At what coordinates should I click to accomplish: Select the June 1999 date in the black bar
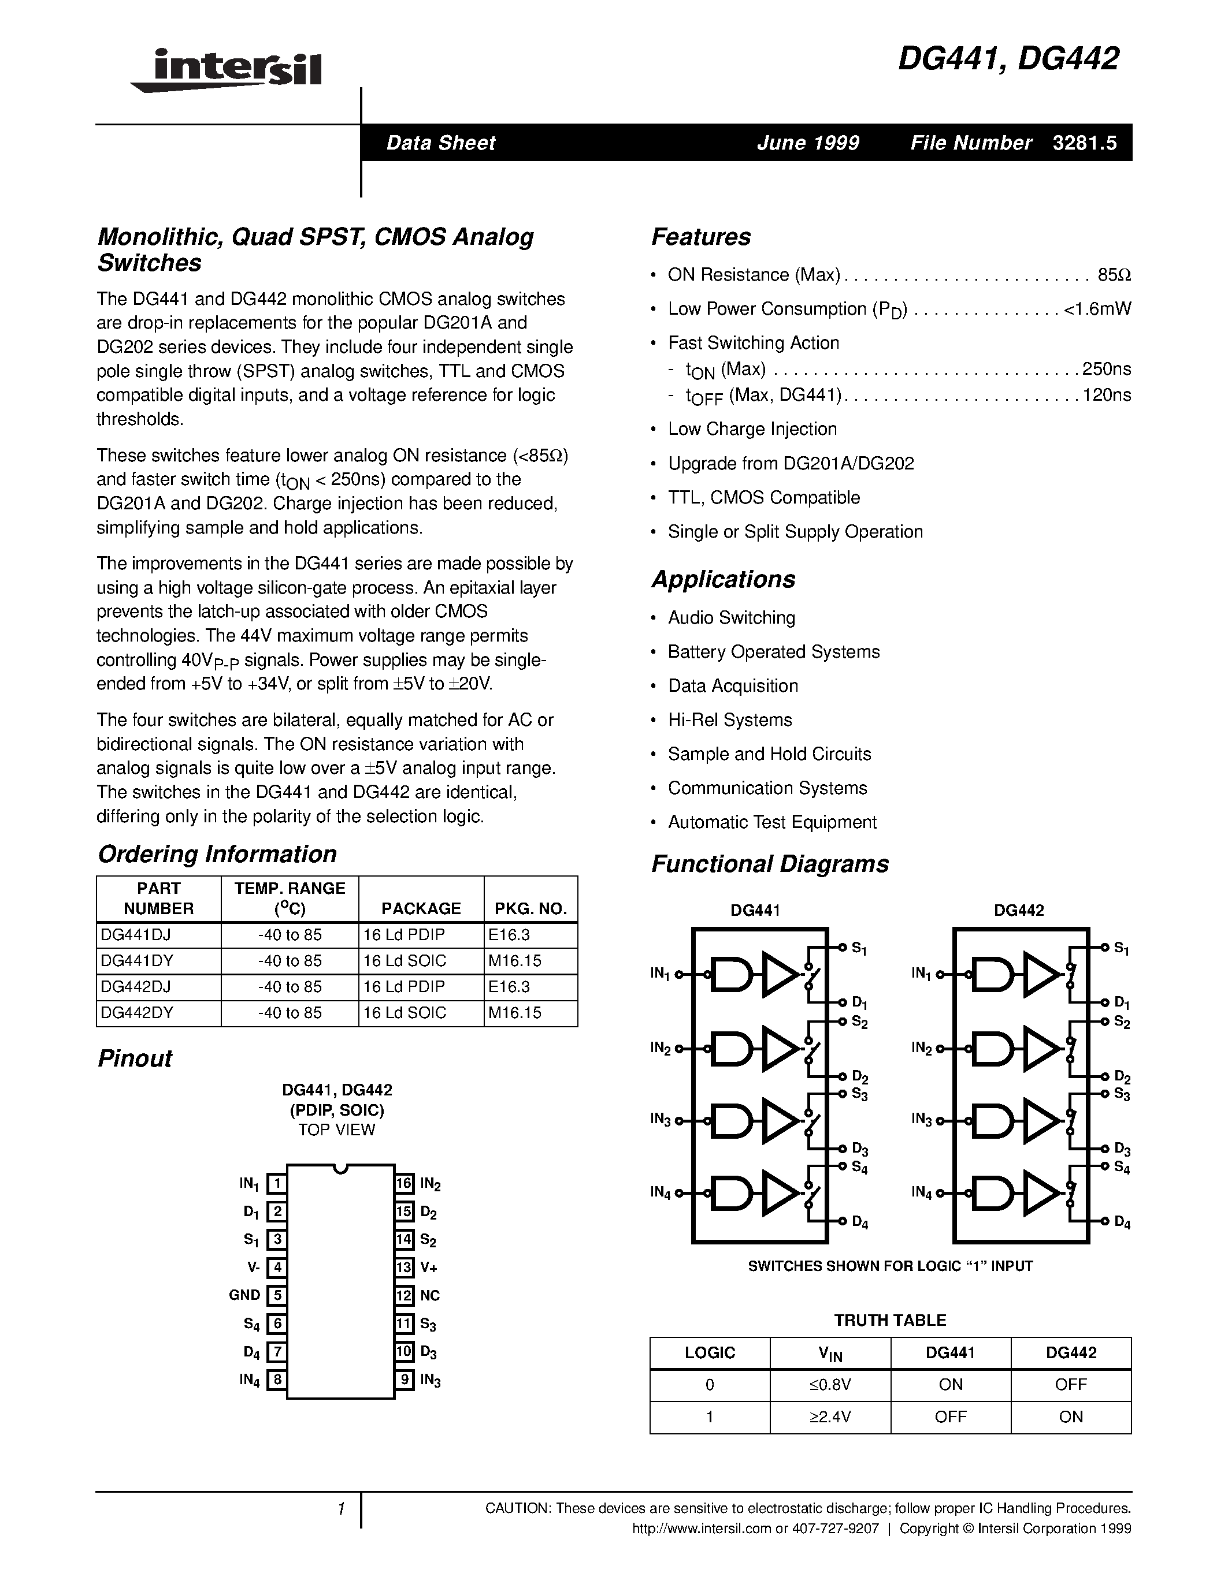pyautogui.click(x=807, y=143)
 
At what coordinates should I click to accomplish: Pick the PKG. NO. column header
pyautogui.click(x=530, y=908)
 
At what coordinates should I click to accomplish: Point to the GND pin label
pyautogui.click(x=244, y=1295)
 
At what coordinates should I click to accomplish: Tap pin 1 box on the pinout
pyautogui.click(x=276, y=1184)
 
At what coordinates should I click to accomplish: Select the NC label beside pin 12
pyautogui.click(x=429, y=1295)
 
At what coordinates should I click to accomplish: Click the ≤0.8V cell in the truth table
pyautogui.click(x=829, y=1384)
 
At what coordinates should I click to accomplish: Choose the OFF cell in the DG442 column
pyautogui.click(x=1070, y=1384)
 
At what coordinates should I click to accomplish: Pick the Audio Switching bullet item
pyautogui.click(x=731, y=617)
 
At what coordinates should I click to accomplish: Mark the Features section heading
pyautogui.click(x=700, y=237)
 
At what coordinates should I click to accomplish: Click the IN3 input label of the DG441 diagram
pyautogui.click(x=660, y=1119)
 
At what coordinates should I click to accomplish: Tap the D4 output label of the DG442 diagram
pyautogui.click(x=1122, y=1222)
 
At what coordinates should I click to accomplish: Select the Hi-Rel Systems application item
pyautogui.click(x=730, y=720)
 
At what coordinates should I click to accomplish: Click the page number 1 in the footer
pyautogui.click(x=340, y=1509)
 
